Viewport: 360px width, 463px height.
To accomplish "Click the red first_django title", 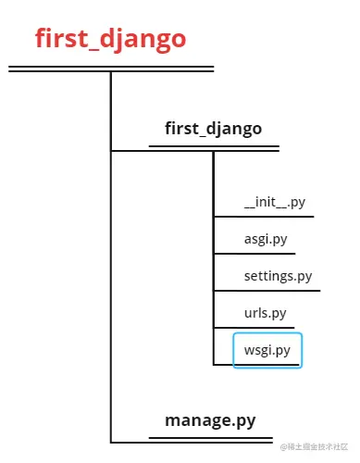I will click(110, 39).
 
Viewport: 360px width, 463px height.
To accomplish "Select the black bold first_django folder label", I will click(213, 128).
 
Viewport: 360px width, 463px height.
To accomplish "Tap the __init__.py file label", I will click(273, 203).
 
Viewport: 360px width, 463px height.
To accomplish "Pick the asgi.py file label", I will click(265, 239).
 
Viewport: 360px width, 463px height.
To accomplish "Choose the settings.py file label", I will click(278, 276).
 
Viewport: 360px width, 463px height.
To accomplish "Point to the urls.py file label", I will click(266, 313).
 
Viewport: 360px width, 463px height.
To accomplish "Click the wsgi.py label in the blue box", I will click(267, 350).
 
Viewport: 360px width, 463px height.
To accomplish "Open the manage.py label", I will click(210, 421).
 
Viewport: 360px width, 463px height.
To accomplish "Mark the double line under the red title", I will click(110, 69).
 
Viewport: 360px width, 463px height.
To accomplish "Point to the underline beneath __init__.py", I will click(264, 218).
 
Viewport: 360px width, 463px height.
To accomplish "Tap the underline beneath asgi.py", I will click(254, 254).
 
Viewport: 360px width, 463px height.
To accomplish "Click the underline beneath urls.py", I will click(255, 327).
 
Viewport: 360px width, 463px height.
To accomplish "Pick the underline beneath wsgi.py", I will click(267, 364).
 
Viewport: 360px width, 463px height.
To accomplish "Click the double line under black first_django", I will click(214, 146).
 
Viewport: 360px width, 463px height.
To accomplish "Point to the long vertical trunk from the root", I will click(110, 278).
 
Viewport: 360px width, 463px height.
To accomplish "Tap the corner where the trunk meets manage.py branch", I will click(111, 441).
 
